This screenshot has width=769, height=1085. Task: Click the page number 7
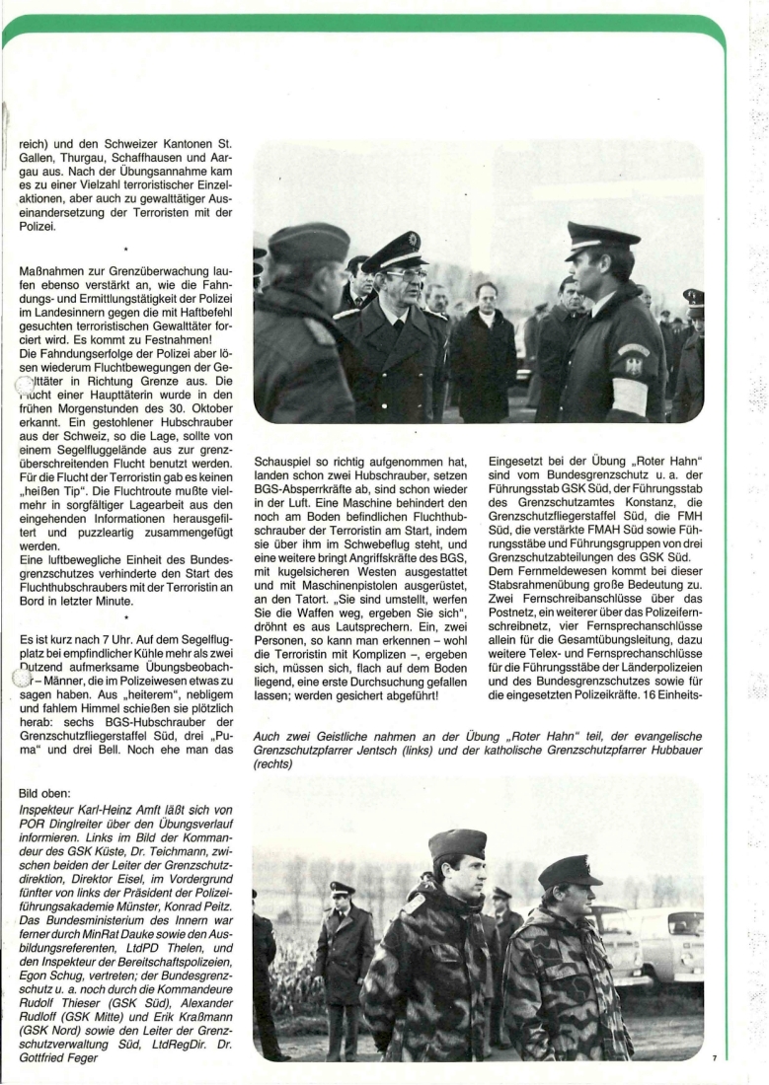point(714,1058)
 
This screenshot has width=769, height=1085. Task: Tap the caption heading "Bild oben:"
point(47,792)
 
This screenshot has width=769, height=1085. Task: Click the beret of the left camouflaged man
point(457,842)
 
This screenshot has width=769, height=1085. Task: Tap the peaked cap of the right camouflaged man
point(570,870)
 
